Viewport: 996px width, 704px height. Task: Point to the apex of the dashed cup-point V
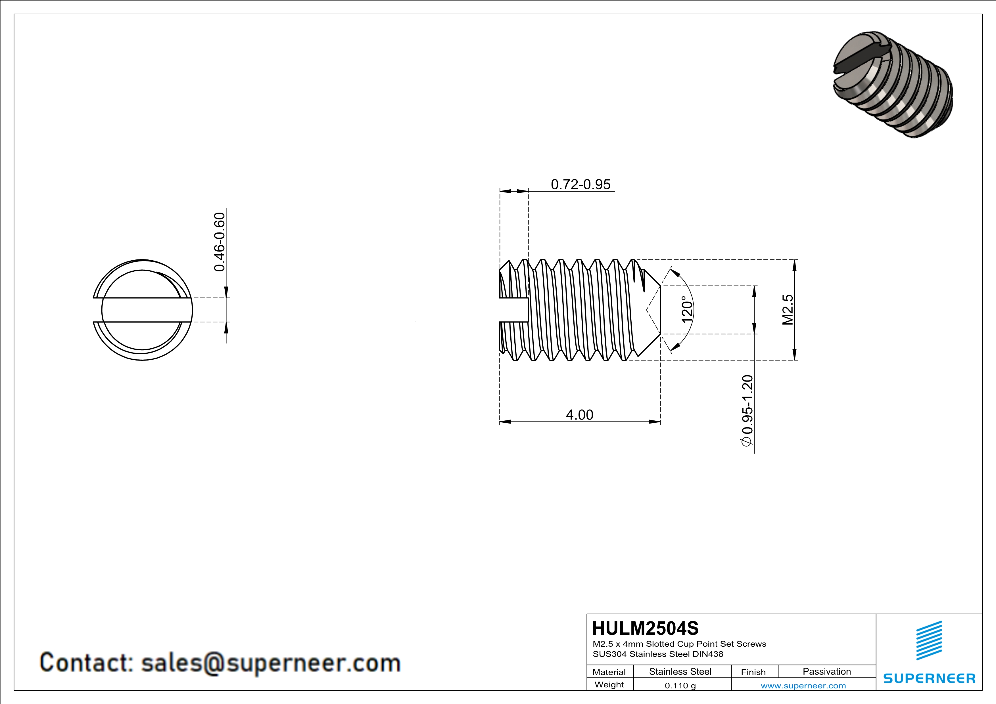click(x=646, y=310)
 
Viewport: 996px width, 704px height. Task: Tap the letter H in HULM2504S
click(x=599, y=628)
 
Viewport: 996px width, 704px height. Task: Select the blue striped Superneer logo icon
click(x=929, y=640)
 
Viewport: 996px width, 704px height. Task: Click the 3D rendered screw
click(x=893, y=85)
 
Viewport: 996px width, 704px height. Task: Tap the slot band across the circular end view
click(x=142, y=310)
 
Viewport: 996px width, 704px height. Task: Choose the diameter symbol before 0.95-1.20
click(x=747, y=441)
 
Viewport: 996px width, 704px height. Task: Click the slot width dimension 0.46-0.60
click(x=220, y=242)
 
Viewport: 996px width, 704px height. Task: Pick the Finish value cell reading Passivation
click(x=827, y=671)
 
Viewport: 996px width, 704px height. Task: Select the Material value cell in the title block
click(x=680, y=671)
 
